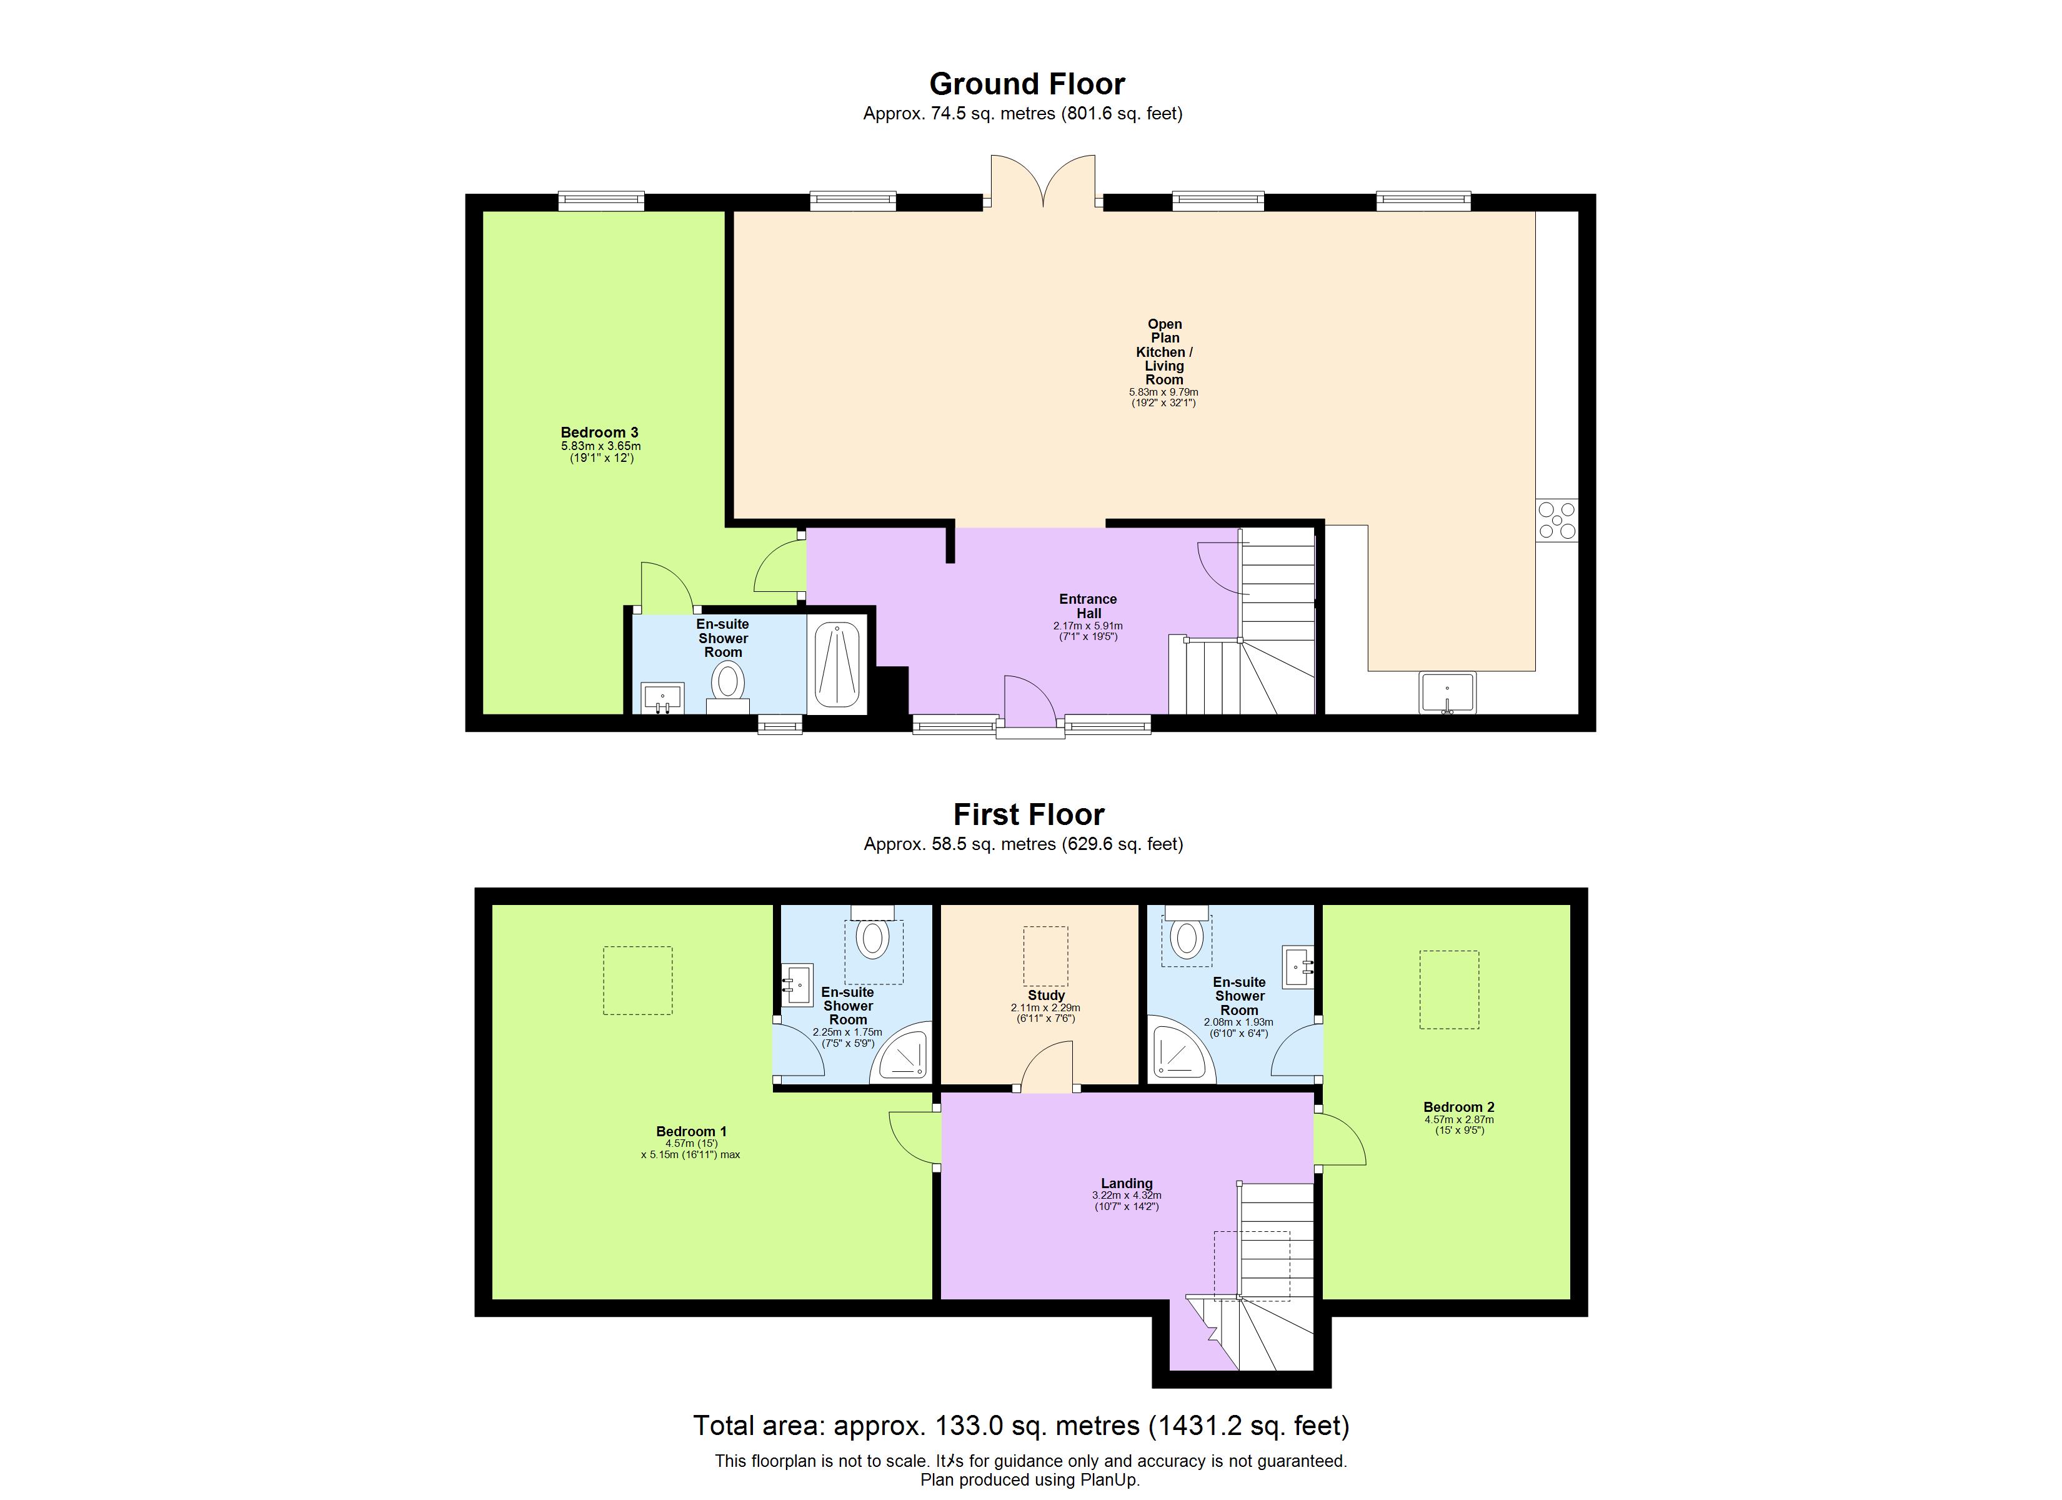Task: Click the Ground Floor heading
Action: (1027, 84)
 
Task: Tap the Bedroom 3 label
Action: (599, 432)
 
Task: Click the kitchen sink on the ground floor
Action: (1447, 693)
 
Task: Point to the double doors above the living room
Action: (1043, 182)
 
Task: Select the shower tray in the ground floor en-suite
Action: (837, 663)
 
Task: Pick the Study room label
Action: (1045, 995)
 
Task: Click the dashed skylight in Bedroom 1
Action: (638, 979)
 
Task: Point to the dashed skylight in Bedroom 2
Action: (1449, 990)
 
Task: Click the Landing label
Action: (1127, 1184)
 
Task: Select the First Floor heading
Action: (1029, 814)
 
